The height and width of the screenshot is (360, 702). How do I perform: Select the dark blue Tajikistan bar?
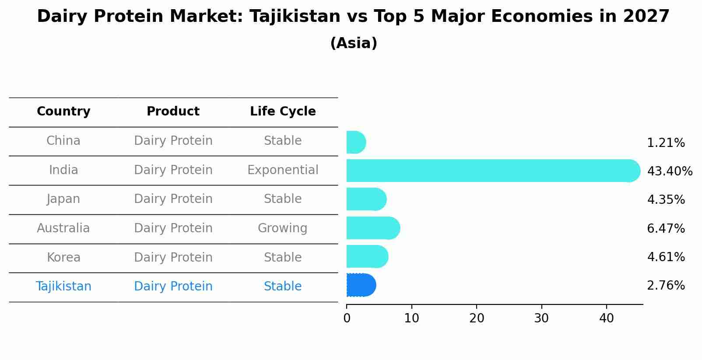pyautogui.click(x=361, y=285)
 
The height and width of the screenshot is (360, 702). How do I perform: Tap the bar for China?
pyautogui.click(x=356, y=142)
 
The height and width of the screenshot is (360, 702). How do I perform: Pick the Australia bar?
pyautogui.click(x=372, y=228)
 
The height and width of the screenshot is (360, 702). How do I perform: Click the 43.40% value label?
pyautogui.click(x=670, y=171)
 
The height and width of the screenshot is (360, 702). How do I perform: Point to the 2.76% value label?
pyautogui.click(x=666, y=286)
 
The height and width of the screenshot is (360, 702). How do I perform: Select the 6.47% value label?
pyautogui.click(x=666, y=228)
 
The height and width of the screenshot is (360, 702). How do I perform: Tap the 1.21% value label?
pyautogui.click(x=666, y=143)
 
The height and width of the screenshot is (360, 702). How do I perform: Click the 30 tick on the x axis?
pyautogui.click(x=541, y=318)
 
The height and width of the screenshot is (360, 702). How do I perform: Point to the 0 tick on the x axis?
pyautogui.click(x=347, y=318)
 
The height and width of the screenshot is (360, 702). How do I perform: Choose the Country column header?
pyautogui.click(x=63, y=112)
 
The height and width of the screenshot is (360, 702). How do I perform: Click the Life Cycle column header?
pyautogui.click(x=283, y=112)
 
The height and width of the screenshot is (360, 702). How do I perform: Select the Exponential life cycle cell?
pyautogui.click(x=283, y=170)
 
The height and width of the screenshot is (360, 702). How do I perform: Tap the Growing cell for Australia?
pyautogui.click(x=283, y=228)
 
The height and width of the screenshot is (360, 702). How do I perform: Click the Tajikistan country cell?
pyautogui.click(x=63, y=287)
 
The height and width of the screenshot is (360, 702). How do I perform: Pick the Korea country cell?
pyautogui.click(x=63, y=258)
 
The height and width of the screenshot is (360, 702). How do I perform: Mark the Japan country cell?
pyautogui.click(x=63, y=199)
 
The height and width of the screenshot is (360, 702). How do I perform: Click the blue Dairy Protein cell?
pyautogui.click(x=173, y=287)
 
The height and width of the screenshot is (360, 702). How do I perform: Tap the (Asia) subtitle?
pyautogui.click(x=354, y=43)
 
